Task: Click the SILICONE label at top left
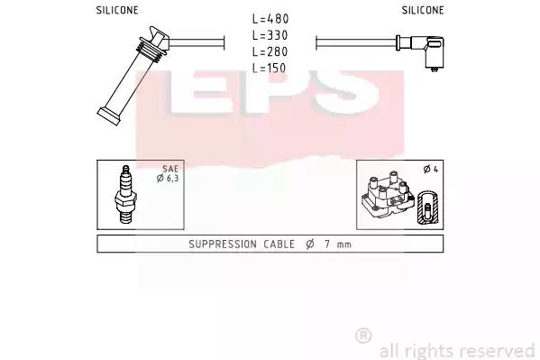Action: point(117,10)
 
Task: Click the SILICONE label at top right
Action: point(423,10)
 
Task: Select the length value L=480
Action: point(270,19)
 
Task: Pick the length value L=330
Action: point(270,35)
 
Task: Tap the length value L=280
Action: point(270,51)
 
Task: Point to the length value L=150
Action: point(270,68)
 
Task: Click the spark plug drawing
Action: point(125,195)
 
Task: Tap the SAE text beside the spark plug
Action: point(170,169)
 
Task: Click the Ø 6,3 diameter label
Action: point(168,179)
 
